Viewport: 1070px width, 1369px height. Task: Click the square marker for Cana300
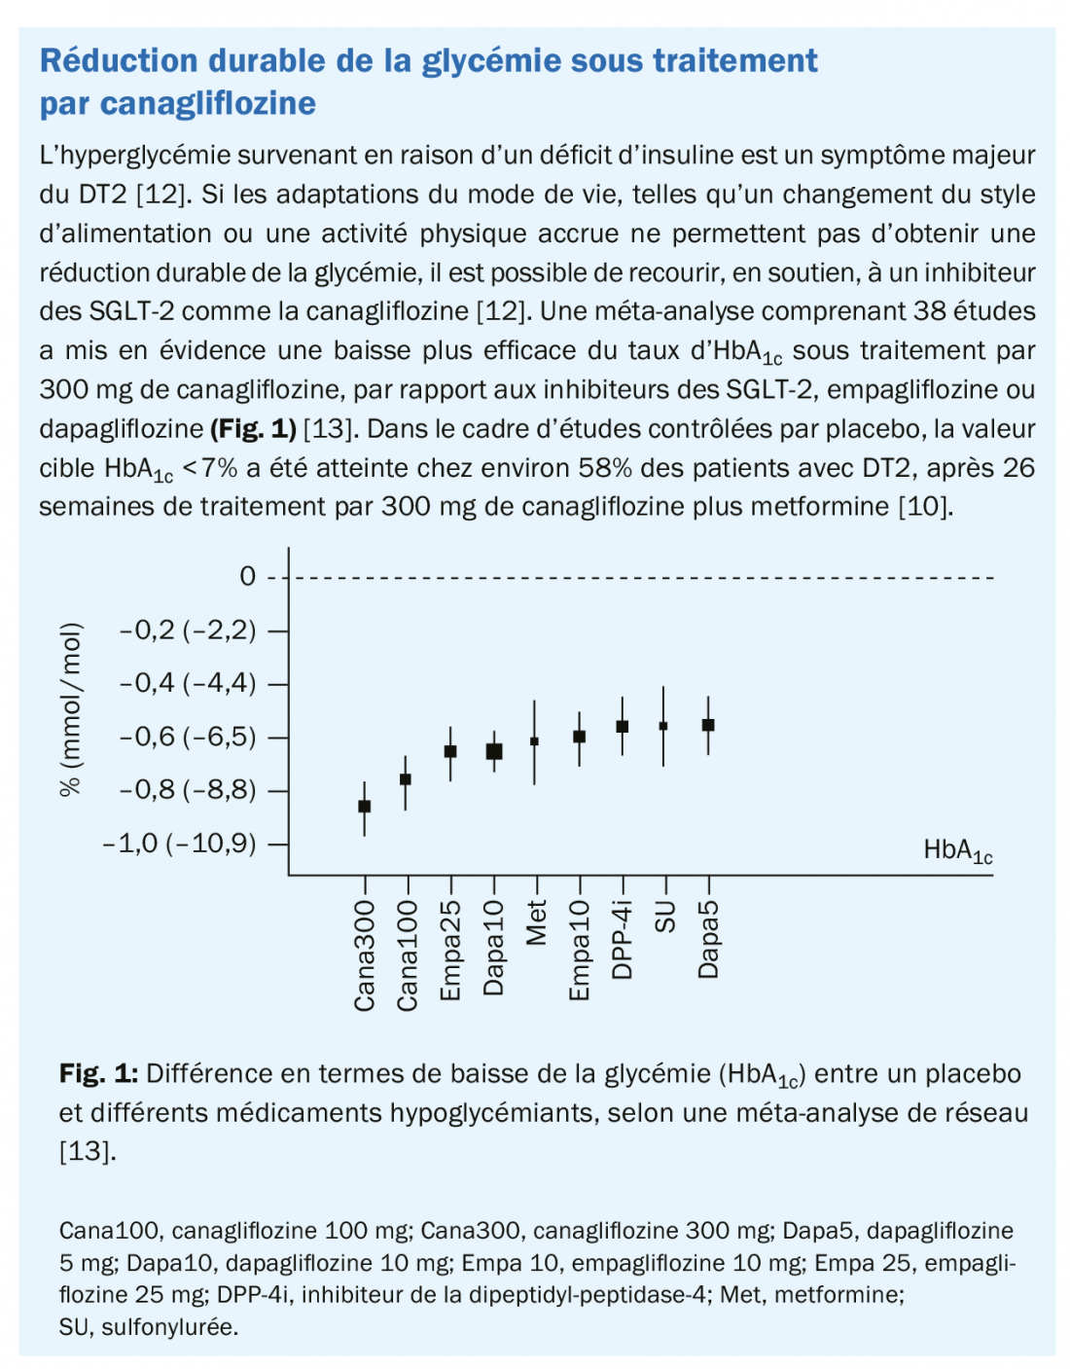pos(365,806)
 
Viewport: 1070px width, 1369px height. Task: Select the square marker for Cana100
pos(406,778)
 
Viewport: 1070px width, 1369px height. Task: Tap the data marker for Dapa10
pos(494,751)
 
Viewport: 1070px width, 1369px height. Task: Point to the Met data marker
pos(534,741)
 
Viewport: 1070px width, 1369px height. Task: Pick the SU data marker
pos(663,726)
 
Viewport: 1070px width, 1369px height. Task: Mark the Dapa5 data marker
pos(708,725)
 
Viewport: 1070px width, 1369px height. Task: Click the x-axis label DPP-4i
pos(623,939)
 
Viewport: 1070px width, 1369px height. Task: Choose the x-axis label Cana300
pos(365,956)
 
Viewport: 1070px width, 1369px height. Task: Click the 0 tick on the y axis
pos(248,577)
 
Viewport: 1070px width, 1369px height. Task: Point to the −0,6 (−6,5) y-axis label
pos(188,737)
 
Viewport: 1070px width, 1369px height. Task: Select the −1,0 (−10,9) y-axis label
pos(180,844)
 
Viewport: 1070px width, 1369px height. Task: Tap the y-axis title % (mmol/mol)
pos(70,708)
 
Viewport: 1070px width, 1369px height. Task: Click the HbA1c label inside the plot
pos(957,851)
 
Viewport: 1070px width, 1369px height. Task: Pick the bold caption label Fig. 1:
pos(98,1074)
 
